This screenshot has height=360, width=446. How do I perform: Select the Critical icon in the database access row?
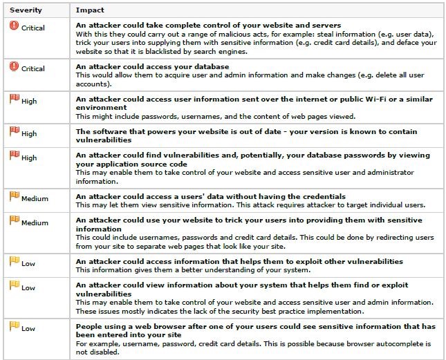point(14,68)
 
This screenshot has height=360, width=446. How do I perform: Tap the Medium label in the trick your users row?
point(35,223)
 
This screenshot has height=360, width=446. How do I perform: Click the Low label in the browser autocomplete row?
point(28,328)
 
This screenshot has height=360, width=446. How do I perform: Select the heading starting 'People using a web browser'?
point(256,328)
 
